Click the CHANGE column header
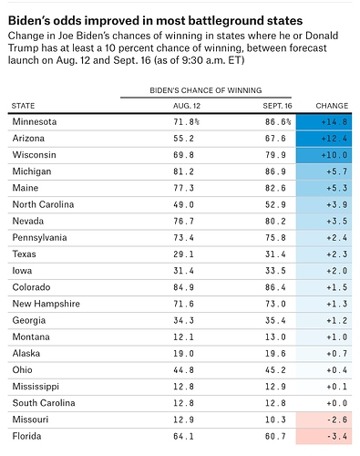(332, 106)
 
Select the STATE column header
(23, 106)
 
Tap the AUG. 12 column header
(187, 106)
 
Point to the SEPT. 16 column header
(277, 106)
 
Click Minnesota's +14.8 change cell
(324, 122)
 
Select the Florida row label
(26, 436)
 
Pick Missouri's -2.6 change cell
(324, 420)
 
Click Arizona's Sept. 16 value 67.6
(275, 139)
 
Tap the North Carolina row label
(43, 204)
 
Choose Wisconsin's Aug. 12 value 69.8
(183, 155)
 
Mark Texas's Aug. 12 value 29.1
(183, 254)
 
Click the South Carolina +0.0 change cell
(324, 403)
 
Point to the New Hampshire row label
(46, 304)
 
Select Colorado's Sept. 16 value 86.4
(275, 287)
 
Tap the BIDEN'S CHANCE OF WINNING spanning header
(206, 90)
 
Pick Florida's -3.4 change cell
(324, 437)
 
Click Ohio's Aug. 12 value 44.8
(183, 370)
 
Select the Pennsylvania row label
(39, 238)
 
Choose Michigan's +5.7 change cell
(324, 171)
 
